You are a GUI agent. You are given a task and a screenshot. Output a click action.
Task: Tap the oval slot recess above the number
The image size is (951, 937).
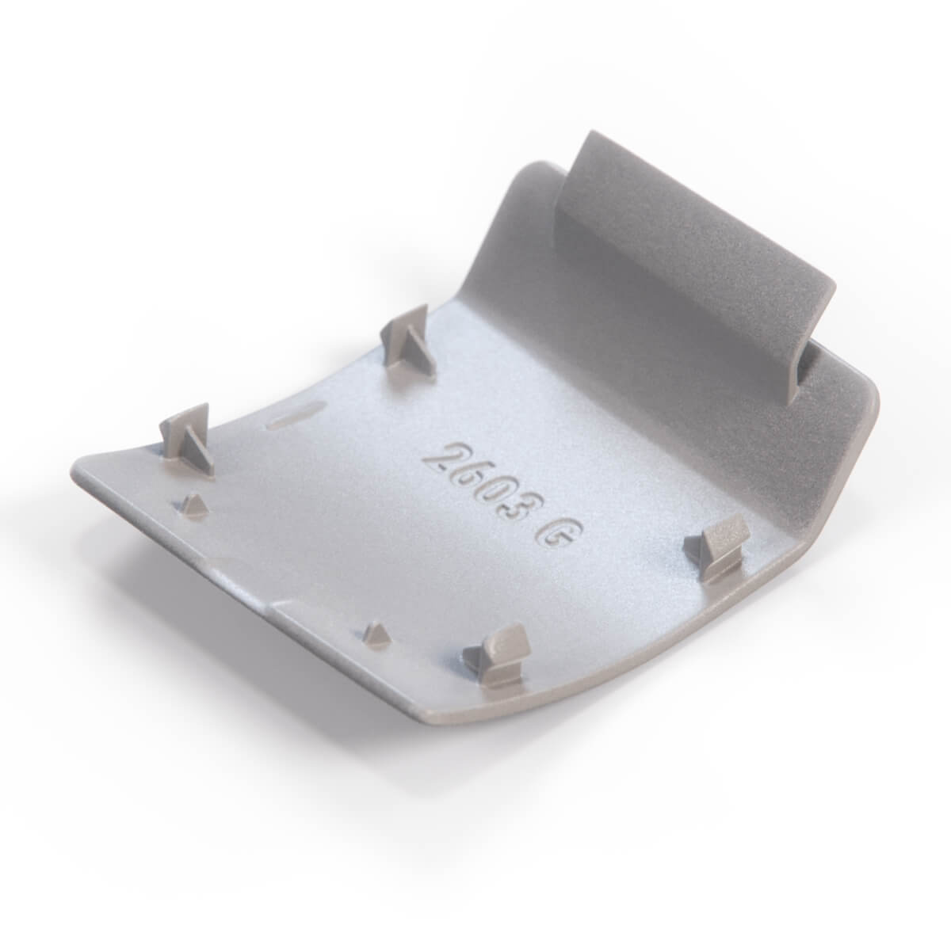(295, 413)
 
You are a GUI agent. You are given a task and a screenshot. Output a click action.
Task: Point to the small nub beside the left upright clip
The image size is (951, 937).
(195, 505)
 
